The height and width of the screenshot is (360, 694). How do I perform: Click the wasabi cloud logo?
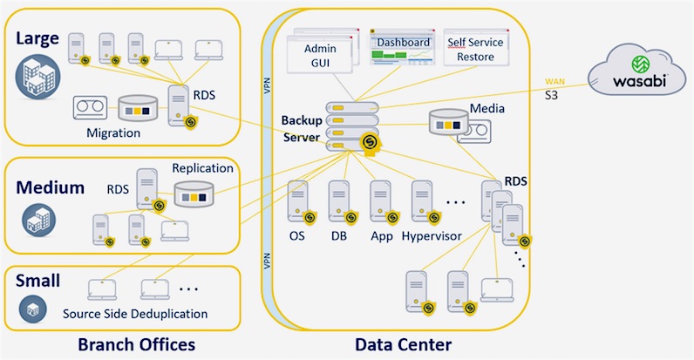(x=637, y=70)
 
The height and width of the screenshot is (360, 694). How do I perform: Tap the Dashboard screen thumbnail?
(x=402, y=47)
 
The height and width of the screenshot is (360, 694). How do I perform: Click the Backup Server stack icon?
(x=353, y=126)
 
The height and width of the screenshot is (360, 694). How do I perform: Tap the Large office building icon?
(x=37, y=77)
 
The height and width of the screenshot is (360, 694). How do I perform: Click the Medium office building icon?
(x=39, y=221)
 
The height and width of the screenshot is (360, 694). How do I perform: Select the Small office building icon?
(x=33, y=309)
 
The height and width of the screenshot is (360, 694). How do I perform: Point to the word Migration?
(x=113, y=133)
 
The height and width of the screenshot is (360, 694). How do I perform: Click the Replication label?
(x=202, y=168)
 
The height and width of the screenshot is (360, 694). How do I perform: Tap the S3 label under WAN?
(x=551, y=95)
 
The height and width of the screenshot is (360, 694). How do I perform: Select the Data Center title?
(x=403, y=344)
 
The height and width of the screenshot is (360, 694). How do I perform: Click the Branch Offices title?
(x=136, y=344)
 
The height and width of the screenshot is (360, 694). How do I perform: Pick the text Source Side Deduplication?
(x=135, y=314)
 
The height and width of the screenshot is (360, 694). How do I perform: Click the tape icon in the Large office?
(x=90, y=107)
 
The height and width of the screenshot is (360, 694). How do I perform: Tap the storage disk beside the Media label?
(x=448, y=122)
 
